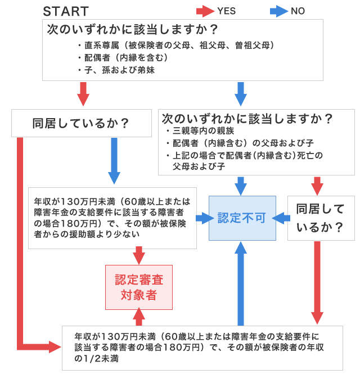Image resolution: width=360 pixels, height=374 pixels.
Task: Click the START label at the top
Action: [x=66, y=11]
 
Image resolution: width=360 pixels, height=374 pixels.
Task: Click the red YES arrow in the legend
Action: [x=205, y=11]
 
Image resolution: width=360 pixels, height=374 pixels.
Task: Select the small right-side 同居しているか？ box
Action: [x=321, y=218]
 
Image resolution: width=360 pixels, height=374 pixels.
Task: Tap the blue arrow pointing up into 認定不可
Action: [x=241, y=281]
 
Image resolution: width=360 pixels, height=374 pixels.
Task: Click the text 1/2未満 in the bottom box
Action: [x=92, y=358]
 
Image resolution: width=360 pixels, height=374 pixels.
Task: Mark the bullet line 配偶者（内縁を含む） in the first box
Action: [x=123, y=57]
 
